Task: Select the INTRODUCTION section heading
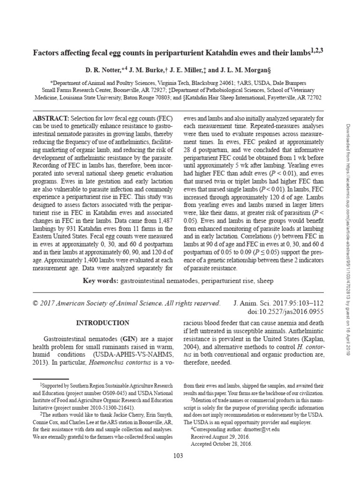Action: click(x=103, y=323)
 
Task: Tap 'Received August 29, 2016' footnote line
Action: click(x=220, y=436)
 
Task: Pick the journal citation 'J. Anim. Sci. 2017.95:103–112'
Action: click(x=278, y=303)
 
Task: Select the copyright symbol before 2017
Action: click(x=35, y=303)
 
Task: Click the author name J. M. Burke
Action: click(x=143, y=70)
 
